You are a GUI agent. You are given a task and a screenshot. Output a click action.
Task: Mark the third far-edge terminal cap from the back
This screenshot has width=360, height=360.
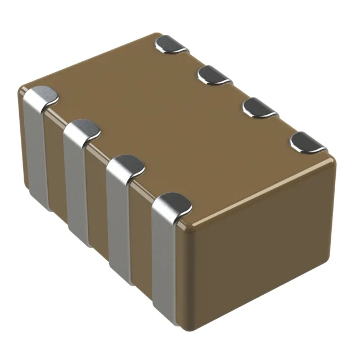tap(259, 107)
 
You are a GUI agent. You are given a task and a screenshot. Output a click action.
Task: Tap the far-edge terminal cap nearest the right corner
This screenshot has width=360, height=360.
tap(308, 143)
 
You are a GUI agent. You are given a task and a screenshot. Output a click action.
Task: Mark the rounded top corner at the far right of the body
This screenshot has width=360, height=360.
tap(336, 161)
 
